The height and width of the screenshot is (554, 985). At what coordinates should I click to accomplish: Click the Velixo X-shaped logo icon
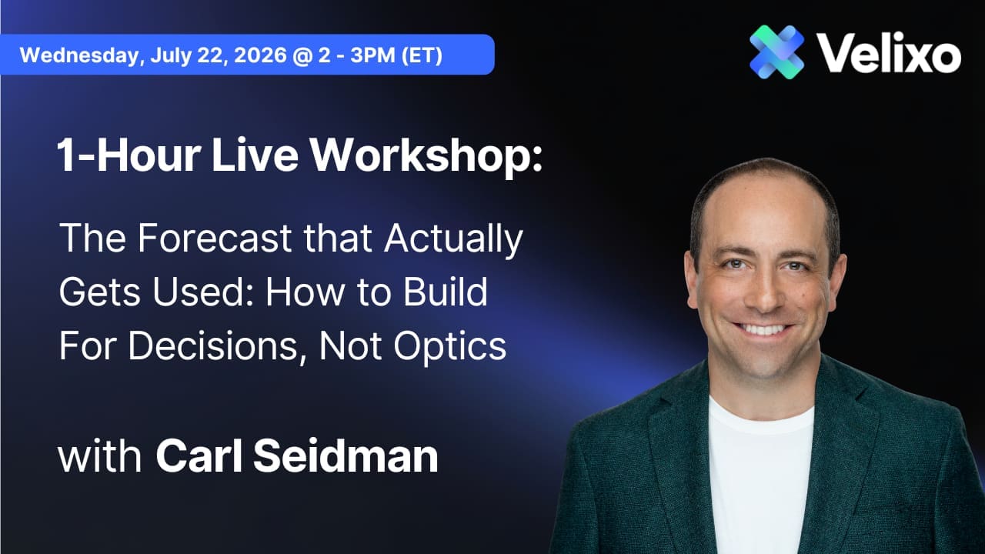click(777, 52)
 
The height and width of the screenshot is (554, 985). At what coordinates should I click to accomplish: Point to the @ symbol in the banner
click(301, 55)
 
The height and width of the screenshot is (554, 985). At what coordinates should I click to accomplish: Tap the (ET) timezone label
click(421, 55)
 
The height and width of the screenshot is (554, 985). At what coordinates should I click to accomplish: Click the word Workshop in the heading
click(426, 155)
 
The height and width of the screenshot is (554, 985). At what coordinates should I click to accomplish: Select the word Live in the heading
click(255, 155)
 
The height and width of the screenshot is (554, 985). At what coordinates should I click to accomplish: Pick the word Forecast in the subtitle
click(215, 238)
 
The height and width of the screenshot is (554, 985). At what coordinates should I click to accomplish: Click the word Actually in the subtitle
click(453, 239)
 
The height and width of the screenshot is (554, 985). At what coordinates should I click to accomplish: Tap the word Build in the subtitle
click(446, 292)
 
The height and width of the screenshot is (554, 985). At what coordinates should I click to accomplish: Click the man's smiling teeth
click(763, 329)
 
